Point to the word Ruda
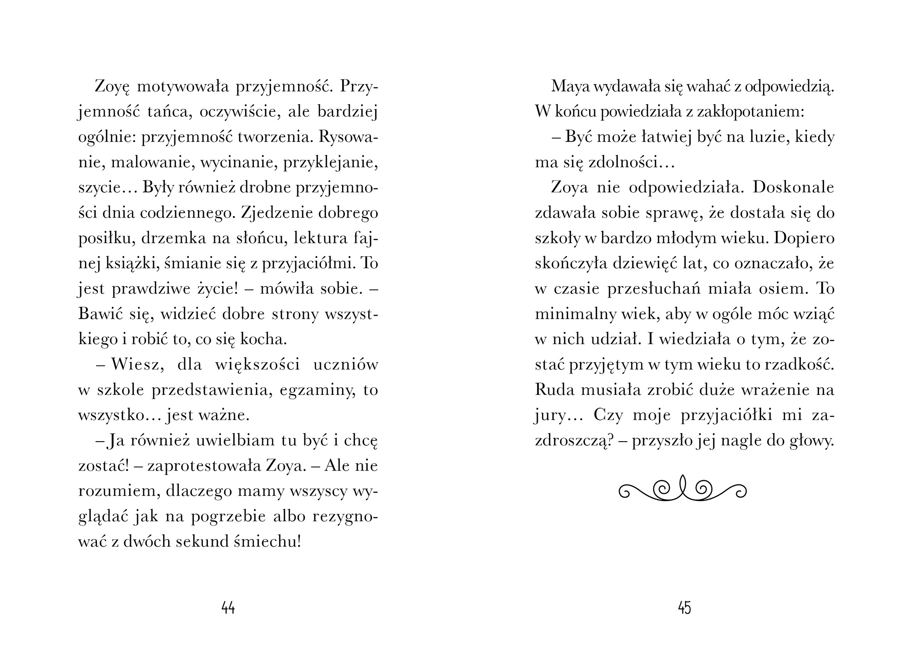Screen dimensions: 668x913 click(553, 390)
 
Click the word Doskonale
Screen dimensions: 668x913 click(793, 187)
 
